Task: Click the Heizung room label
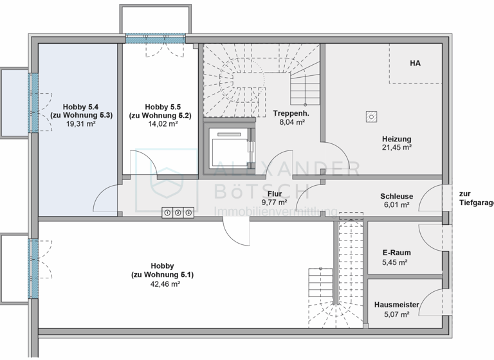[x=396, y=139]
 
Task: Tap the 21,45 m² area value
[x=396, y=147]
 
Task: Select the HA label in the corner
[x=415, y=63]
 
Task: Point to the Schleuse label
[x=396, y=197]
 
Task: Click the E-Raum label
[x=396, y=253]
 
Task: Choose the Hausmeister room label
[x=396, y=305]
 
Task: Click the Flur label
[x=273, y=193]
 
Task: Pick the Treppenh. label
[x=291, y=113]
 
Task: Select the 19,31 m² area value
[x=81, y=125]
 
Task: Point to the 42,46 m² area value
[x=162, y=283]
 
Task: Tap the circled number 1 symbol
[x=167, y=212]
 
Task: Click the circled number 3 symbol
[x=188, y=212]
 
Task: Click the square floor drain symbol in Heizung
[x=370, y=116]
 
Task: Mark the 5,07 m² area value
[x=396, y=314]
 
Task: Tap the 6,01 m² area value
[x=396, y=206]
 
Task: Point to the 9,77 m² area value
[x=273, y=202]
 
